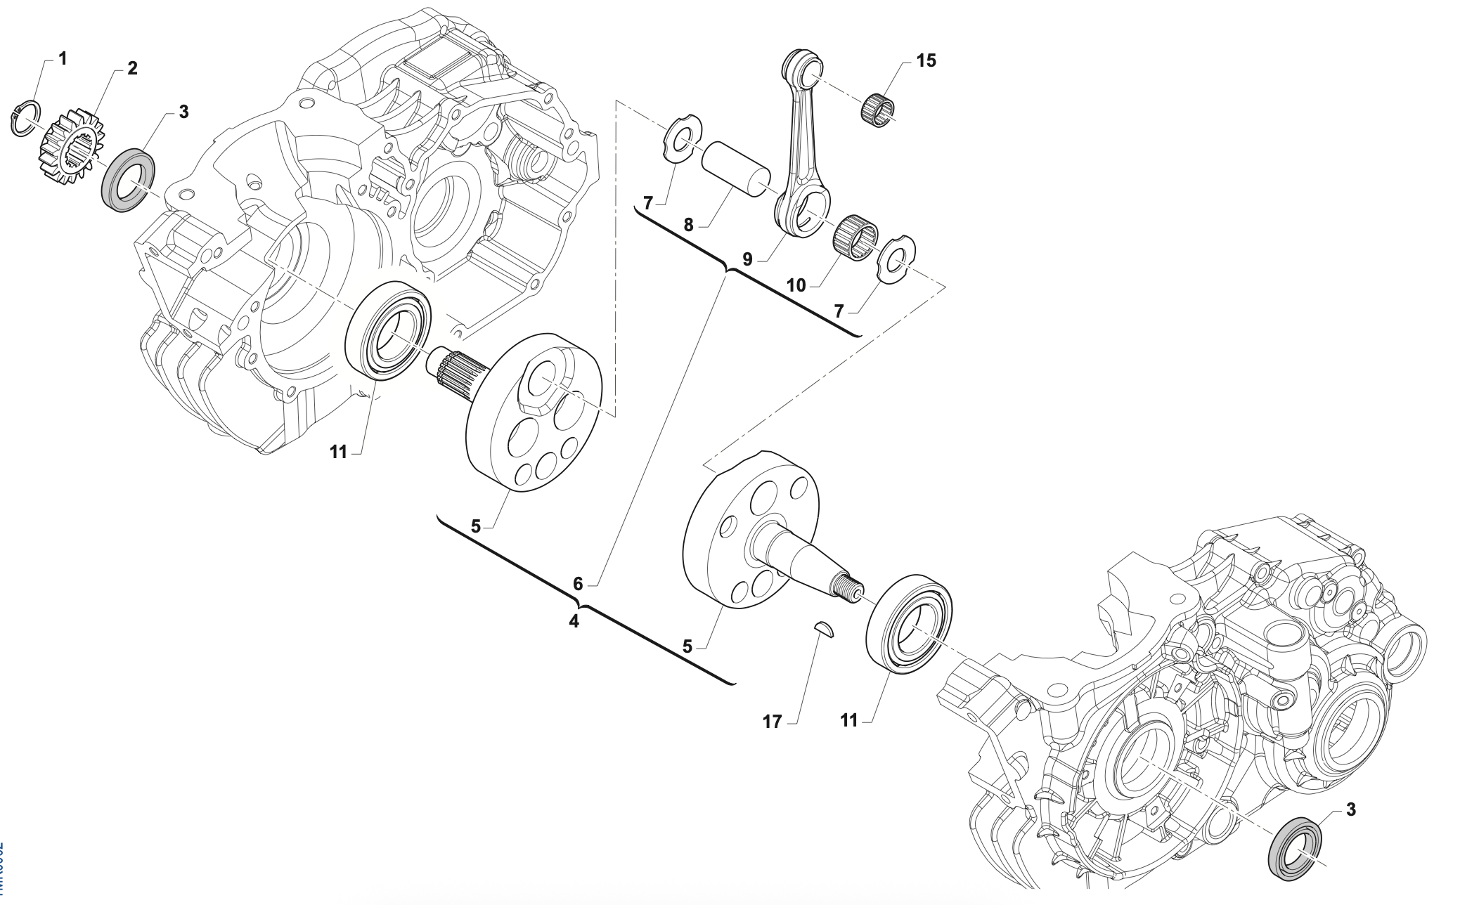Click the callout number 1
(x=63, y=58)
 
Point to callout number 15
(x=926, y=60)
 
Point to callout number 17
(x=771, y=722)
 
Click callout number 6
(x=578, y=583)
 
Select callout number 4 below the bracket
(x=574, y=621)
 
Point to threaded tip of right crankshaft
(x=848, y=586)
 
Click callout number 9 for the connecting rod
(x=747, y=259)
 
